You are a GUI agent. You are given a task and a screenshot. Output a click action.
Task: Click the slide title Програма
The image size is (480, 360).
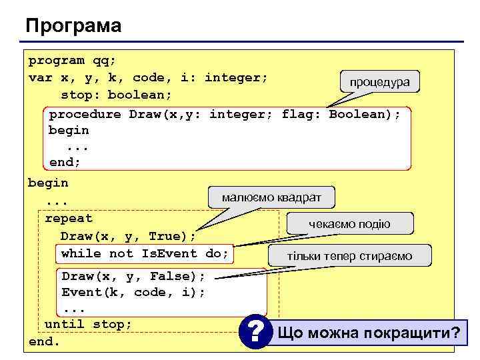[73, 26]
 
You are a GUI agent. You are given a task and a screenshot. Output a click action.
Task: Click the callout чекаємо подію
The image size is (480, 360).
[349, 224]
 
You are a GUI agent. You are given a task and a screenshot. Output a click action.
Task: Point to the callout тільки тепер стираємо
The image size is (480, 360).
[349, 256]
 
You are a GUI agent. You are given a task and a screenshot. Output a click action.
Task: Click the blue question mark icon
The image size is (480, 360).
[255, 331]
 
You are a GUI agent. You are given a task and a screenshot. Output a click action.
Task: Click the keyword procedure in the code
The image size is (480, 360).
[85, 114]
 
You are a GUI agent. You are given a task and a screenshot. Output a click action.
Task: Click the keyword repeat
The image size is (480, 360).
[69, 219]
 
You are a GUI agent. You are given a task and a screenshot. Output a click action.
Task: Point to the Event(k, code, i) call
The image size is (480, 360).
[133, 292]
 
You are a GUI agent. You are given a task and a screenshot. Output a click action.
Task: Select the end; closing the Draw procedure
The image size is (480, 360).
[64, 162]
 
